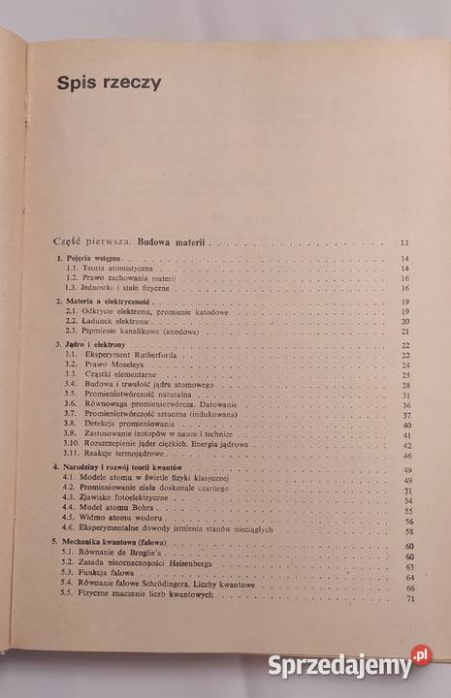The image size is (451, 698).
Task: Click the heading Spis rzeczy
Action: [x=109, y=83]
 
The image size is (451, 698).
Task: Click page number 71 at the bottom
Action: [x=407, y=602]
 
